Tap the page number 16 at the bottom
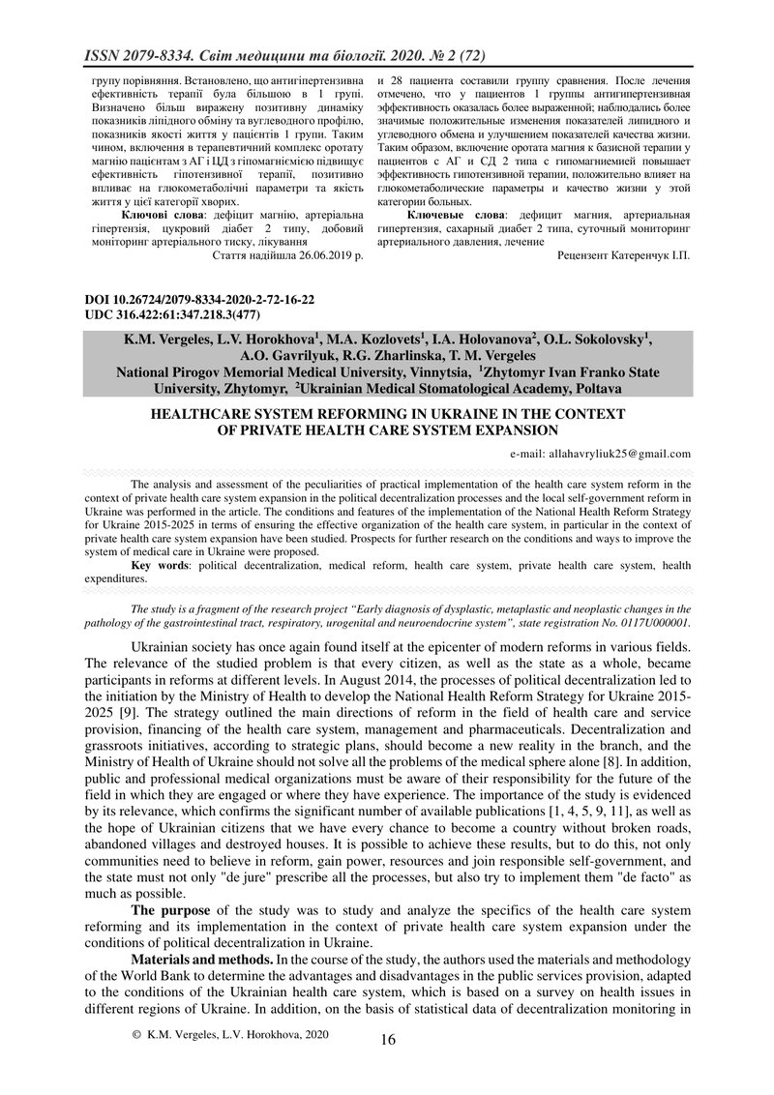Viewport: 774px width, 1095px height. [x=388, y=1040]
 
